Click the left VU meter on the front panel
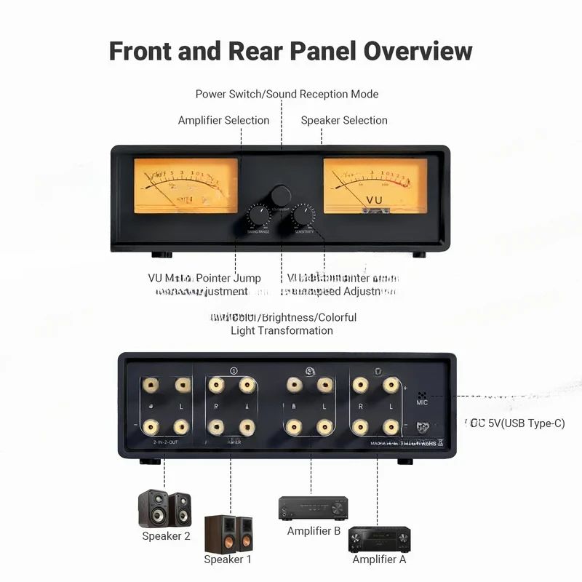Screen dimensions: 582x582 [186, 186]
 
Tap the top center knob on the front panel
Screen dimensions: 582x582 [281, 195]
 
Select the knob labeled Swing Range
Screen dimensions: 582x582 [258, 216]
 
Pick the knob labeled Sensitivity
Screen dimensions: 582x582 [303, 216]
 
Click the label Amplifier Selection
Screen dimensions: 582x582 [223, 120]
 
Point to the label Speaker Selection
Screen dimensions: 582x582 [344, 120]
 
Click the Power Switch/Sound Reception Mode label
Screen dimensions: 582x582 [287, 94]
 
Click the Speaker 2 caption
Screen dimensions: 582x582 [166, 536]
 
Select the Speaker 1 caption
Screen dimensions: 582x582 [228, 559]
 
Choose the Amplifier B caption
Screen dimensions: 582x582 [314, 531]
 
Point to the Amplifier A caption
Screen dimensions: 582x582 [379, 559]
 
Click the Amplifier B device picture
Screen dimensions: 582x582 [314, 507]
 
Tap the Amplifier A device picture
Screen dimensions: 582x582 [379, 539]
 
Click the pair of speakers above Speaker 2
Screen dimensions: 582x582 [164, 509]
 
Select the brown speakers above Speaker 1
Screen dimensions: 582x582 [228, 533]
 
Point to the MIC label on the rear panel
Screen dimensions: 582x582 [423, 402]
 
